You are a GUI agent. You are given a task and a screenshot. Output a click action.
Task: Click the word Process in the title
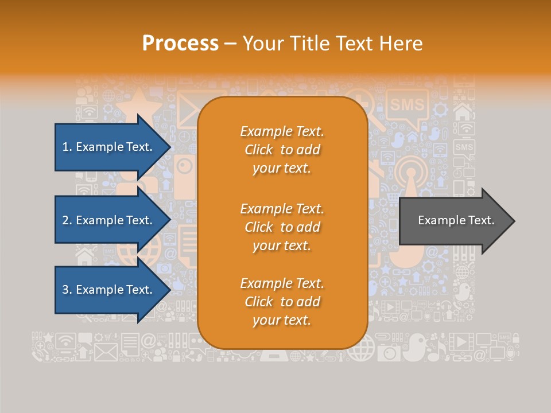pyautogui.click(x=180, y=44)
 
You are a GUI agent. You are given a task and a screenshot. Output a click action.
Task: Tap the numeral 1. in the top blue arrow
pyautogui.click(x=67, y=147)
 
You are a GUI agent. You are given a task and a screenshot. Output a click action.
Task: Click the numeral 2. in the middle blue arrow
pyautogui.click(x=67, y=220)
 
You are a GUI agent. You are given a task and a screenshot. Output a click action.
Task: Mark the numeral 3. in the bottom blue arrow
pyautogui.click(x=67, y=290)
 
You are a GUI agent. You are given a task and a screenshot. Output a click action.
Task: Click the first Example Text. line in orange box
pyautogui.click(x=282, y=131)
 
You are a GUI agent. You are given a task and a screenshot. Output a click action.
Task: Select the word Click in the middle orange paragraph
pyautogui.click(x=259, y=227)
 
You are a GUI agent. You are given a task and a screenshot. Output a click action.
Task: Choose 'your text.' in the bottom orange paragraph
pyautogui.click(x=282, y=320)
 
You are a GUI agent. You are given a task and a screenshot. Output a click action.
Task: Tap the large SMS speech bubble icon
pyautogui.click(x=407, y=106)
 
